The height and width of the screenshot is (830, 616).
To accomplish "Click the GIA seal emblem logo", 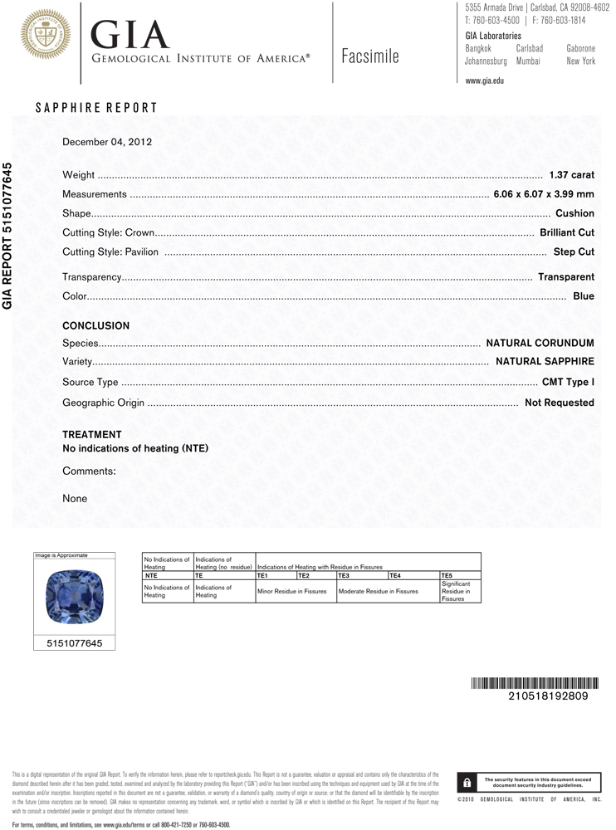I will (45, 34).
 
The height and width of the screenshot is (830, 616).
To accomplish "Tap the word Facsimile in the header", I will (369, 57).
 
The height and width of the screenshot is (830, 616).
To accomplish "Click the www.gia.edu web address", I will (485, 81).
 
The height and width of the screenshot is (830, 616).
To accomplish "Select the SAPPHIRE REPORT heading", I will (96, 108).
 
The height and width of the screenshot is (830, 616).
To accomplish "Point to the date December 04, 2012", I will (107, 142).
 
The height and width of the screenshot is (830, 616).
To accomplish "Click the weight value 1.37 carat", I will (571, 175).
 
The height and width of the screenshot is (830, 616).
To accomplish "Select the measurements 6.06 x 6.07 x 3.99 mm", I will (544, 194).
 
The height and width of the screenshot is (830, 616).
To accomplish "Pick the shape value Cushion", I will (574, 213).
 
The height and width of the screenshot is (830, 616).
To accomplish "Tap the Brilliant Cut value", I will (566, 233).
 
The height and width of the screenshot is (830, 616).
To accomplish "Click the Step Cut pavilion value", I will (574, 251).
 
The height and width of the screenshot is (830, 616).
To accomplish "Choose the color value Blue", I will (584, 296).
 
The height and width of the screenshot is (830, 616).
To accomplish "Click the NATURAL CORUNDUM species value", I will (540, 343).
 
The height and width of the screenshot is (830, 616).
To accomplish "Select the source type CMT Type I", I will (568, 383).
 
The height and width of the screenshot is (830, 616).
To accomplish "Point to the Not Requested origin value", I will (559, 403).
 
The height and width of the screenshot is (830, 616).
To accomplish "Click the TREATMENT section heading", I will (92, 435).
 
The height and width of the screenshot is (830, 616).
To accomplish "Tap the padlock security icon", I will (467, 782).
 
